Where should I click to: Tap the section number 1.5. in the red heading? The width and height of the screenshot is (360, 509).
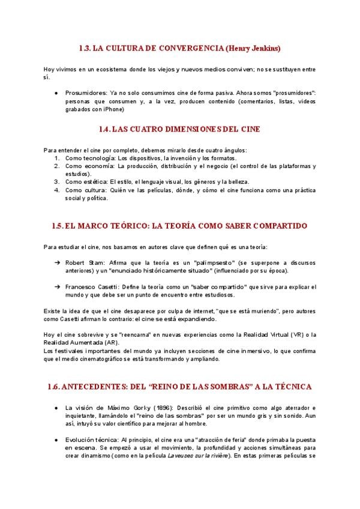[57, 226]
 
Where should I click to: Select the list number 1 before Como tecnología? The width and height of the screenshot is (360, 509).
[56, 158]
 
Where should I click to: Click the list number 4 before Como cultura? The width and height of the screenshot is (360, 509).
[56, 190]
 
